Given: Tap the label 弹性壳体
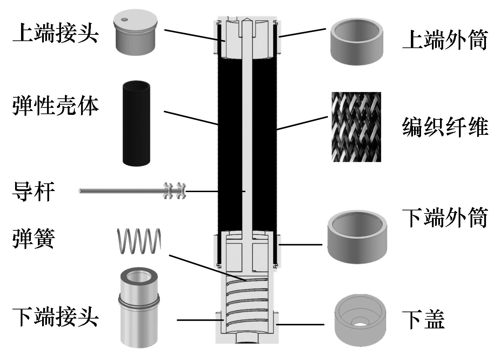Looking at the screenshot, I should coord(55,105).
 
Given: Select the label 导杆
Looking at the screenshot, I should coord(34,191).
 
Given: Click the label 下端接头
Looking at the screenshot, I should coord(55,317).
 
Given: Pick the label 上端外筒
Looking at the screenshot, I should coord(445,40).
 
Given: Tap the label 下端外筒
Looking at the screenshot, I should coord(445,218).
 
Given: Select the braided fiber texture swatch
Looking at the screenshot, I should coord(356,127).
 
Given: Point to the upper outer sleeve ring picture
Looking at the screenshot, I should coord(356,41).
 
